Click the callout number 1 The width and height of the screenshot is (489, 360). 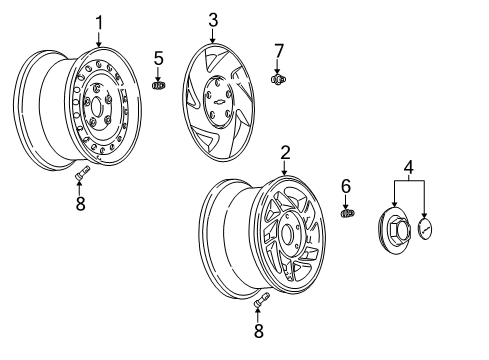click(x=99, y=22)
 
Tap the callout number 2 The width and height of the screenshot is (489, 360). click(x=285, y=152)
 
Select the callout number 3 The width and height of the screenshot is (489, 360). click(x=212, y=20)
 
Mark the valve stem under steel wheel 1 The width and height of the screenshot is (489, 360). click(x=81, y=176)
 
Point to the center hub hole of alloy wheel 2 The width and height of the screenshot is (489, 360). click(x=290, y=237)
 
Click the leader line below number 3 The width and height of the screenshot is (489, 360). click(x=212, y=36)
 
